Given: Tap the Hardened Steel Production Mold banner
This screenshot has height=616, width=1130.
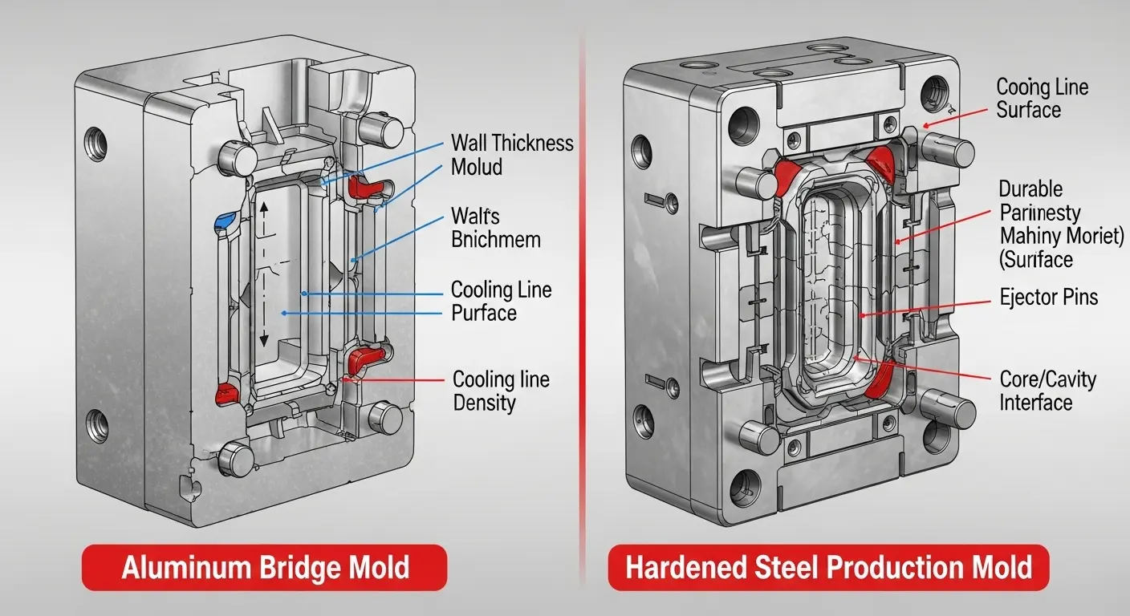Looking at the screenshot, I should [x=828, y=568].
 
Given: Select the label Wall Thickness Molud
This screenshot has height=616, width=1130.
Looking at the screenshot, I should [x=512, y=155].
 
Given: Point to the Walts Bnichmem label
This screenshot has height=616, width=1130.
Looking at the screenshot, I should [x=495, y=227].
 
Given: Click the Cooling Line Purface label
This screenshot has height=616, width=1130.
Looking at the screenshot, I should [x=501, y=301].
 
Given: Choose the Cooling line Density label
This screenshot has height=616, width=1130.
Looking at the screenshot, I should [x=501, y=390].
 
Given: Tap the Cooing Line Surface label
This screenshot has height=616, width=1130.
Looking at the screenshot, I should [x=1042, y=98].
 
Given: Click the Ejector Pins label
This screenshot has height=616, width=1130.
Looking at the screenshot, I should [x=1049, y=298].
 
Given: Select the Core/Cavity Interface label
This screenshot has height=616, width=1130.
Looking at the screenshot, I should [x=1047, y=390].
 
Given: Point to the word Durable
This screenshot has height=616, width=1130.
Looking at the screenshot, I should [x=1030, y=189].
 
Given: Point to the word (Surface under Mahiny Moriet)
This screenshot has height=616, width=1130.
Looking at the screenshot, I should [x=1035, y=259].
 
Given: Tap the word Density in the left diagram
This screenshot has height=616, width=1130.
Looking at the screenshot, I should [x=484, y=402].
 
